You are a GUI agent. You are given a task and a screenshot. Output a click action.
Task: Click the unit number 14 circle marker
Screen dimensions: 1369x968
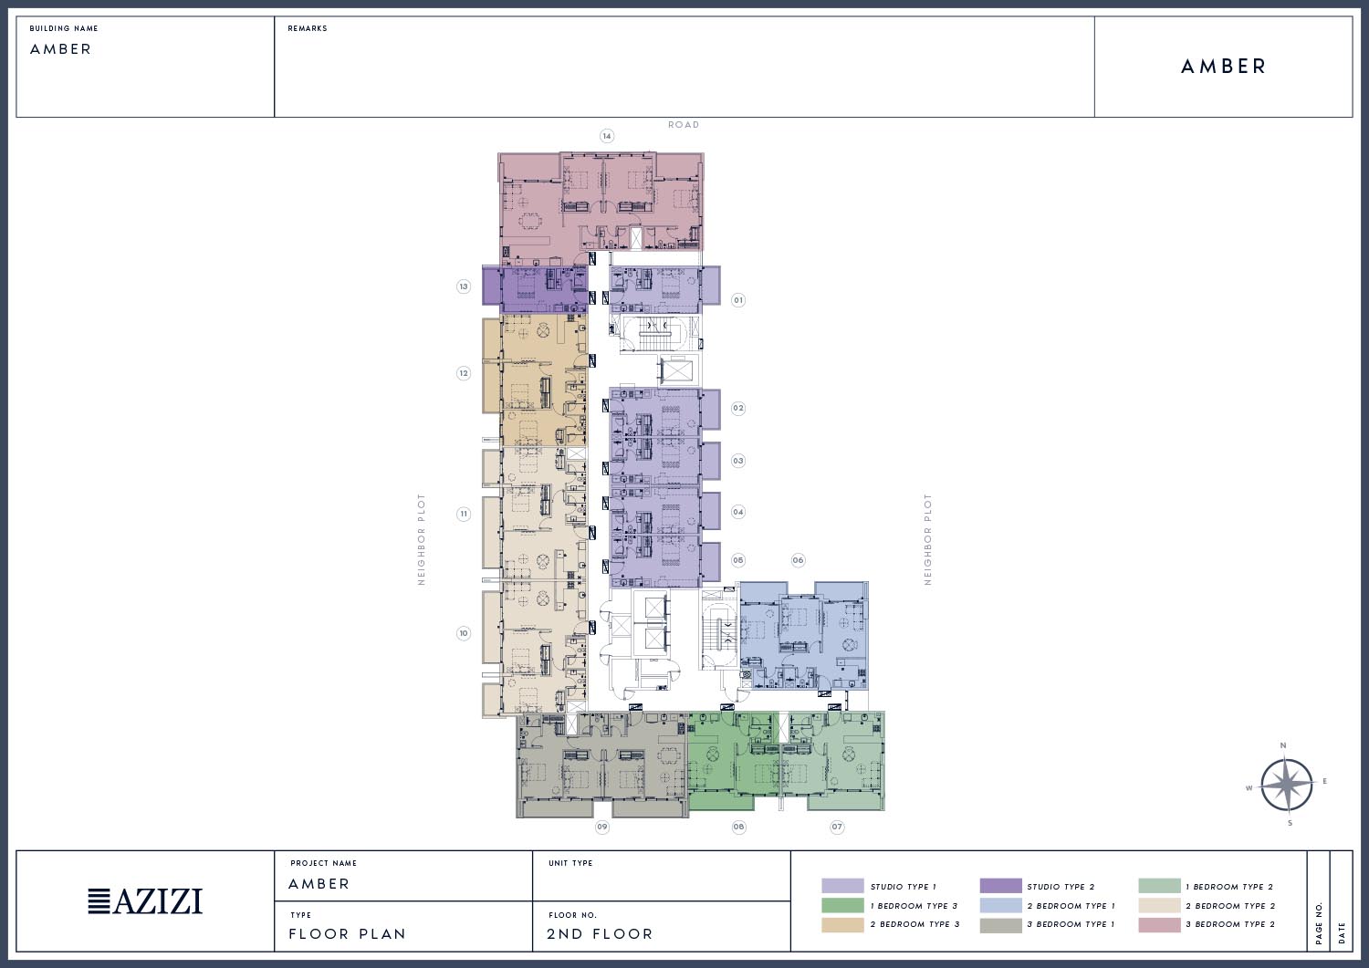click(x=606, y=136)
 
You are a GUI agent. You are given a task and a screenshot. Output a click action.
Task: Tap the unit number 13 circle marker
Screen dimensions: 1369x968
click(x=464, y=286)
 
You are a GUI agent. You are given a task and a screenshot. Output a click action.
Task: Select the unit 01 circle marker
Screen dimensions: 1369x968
click(x=738, y=300)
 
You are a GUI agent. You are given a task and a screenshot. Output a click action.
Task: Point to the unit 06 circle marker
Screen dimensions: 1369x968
click(x=798, y=560)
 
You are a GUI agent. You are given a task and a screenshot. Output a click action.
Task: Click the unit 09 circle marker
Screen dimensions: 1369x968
click(x=602, y=827)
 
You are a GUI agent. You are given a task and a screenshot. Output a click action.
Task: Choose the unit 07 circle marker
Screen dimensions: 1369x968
click(x=837, y=827)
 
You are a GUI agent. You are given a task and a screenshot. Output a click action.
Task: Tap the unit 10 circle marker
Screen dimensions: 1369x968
click(x=464, y=633)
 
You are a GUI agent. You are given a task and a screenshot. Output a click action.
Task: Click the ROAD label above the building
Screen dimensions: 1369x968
click(x=684, y=125)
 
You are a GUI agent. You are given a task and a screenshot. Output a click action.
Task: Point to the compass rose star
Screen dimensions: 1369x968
click(x=1286, y=785)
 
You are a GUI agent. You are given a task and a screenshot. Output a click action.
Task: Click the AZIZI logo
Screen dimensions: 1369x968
click(x=145, y=901)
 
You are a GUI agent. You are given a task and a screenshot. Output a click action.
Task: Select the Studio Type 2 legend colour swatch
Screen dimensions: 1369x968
click(x=1000, y=886)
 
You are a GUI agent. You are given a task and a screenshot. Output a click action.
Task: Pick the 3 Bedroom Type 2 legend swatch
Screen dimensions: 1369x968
click(x=1159, y=924)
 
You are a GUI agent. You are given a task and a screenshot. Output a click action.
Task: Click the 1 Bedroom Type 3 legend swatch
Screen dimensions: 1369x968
click(x=842, y=905)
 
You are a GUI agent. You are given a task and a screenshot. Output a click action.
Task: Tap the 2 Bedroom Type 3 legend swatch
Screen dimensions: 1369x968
click(x=842, y=924)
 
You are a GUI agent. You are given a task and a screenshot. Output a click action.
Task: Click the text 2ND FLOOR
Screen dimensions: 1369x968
click(x=600, y=933)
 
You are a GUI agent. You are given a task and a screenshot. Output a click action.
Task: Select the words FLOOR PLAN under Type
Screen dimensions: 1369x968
click(x=347, y=933)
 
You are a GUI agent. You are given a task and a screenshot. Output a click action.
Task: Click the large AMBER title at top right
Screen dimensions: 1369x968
click(x=1223, y=66)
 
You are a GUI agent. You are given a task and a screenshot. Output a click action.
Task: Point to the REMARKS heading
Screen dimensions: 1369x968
click(x=308, y=28)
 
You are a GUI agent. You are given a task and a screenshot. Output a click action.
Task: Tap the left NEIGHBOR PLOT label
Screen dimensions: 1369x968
click(x=421, y=539)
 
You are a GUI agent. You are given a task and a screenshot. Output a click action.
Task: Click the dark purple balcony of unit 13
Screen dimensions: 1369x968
click(x=491, y=285)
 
